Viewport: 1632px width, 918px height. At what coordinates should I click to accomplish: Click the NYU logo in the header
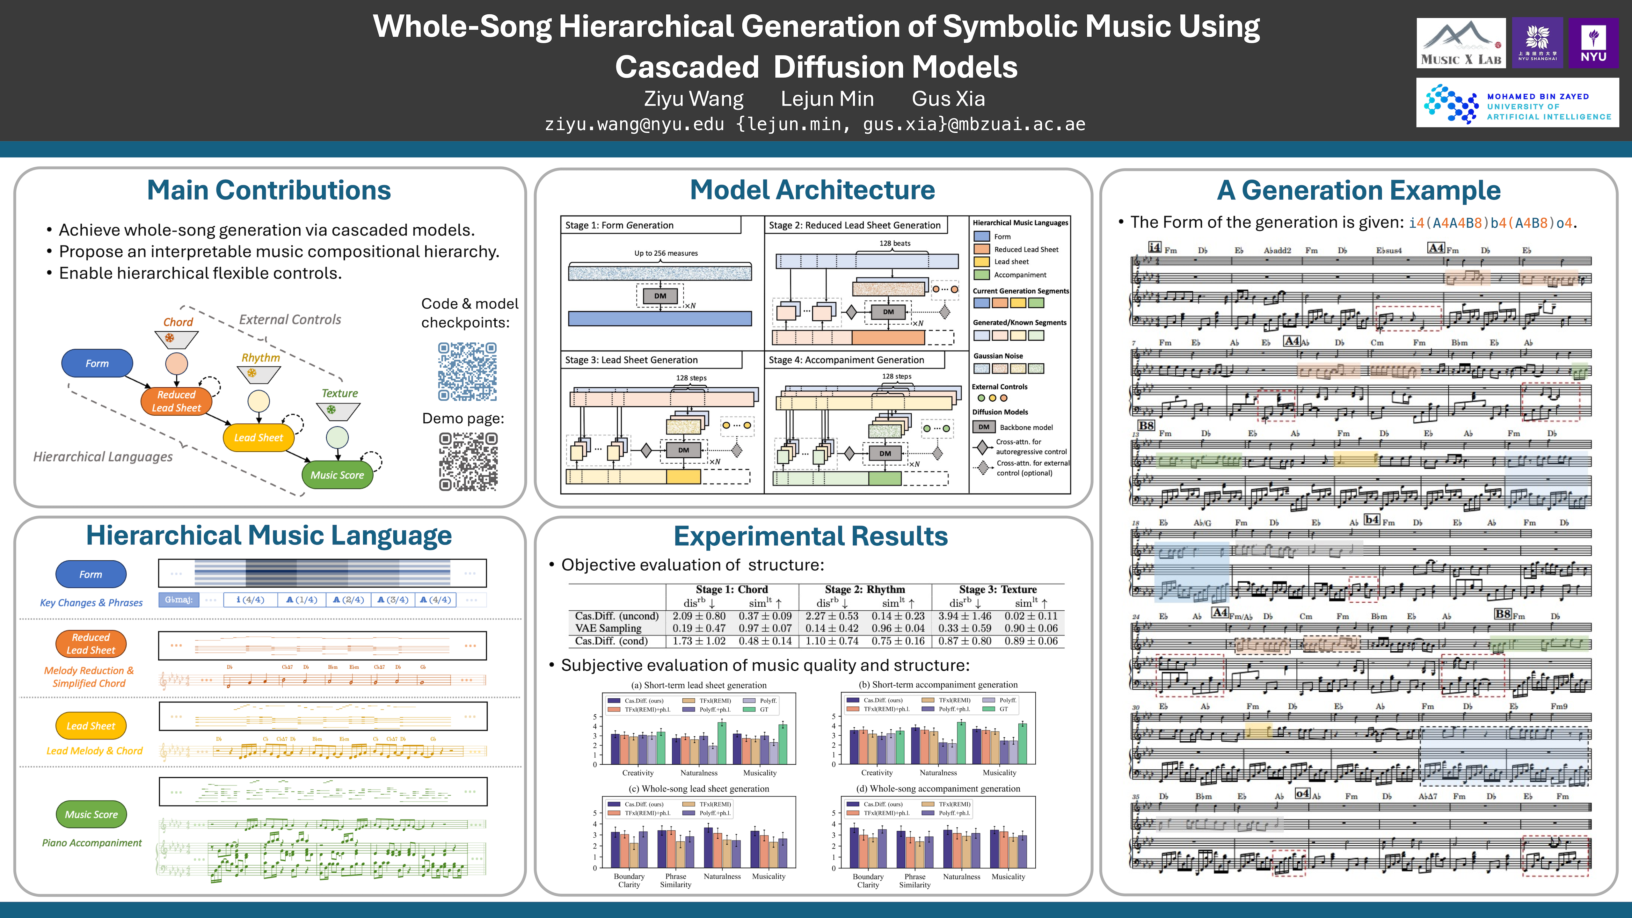[x=1593, y=43]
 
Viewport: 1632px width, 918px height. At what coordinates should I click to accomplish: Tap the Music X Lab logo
[x=1460, y=43]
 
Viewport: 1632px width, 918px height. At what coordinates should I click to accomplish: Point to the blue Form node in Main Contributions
[x=97, y=363]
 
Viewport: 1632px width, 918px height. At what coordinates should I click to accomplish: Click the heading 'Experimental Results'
[x=810, y=536]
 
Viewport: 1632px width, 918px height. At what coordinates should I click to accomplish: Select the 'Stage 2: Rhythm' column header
[x=865, y=589]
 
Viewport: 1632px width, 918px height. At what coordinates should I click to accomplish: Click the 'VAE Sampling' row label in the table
[x=608, y=628]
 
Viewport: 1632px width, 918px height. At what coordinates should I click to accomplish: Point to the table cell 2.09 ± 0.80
[x=699, y=616]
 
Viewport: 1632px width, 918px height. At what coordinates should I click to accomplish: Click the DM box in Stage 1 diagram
[x=660, y=296]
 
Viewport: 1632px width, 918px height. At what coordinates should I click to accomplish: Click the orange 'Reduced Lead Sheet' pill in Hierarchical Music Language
[x=91, y=644]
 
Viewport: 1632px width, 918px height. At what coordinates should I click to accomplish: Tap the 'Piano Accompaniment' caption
[x=92, y=842]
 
